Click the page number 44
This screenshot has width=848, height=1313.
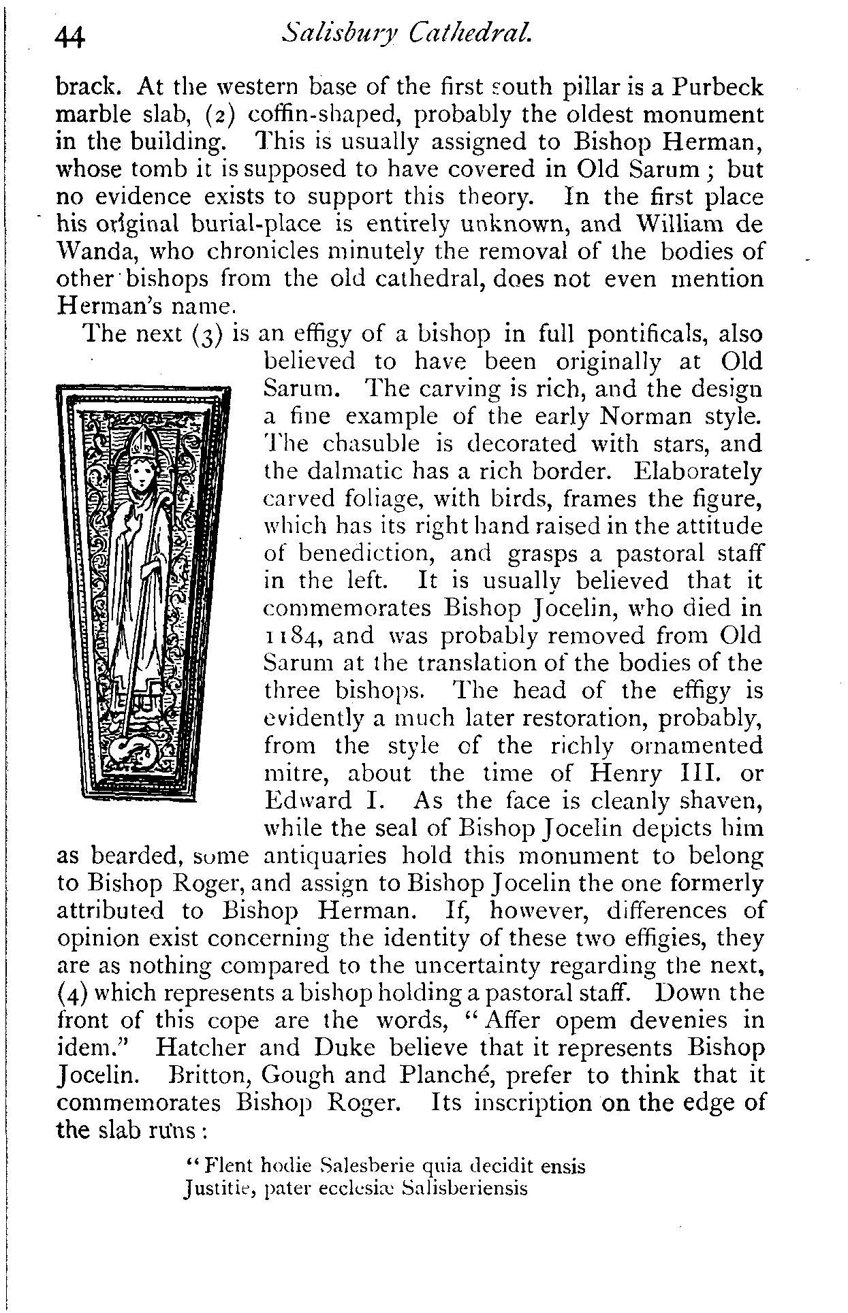70,37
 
